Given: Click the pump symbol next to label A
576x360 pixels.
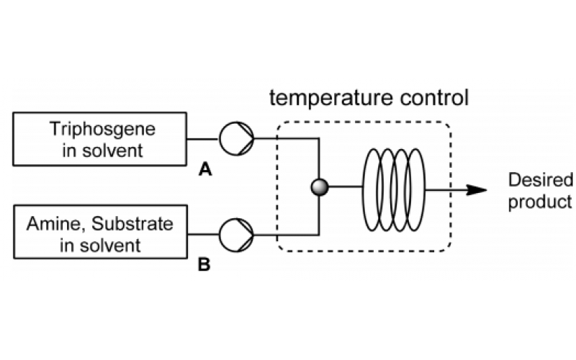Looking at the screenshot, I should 237,138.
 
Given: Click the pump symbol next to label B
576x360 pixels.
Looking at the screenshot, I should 237,233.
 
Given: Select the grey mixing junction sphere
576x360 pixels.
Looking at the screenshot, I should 318,188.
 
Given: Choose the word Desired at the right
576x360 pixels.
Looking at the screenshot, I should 540,180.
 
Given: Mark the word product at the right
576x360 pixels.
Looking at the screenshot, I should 540,202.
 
